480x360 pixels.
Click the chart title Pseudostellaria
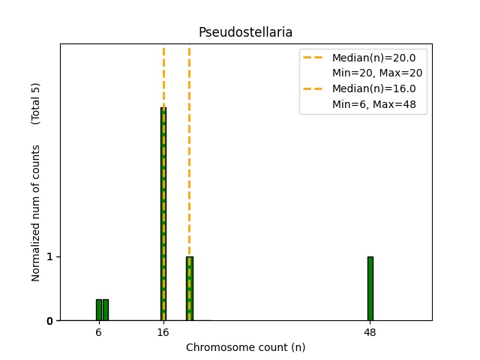[245, 32]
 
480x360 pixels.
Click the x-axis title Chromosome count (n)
[245, 347]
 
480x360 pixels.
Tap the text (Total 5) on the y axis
[35, 103]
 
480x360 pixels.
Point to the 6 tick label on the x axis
[98, 332]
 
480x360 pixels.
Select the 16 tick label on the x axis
[163, 332]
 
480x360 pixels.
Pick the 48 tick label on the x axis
[370, 332]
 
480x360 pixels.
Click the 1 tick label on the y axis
[49, 256]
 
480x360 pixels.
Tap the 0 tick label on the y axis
[49, 321]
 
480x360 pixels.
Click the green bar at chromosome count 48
[370, 289]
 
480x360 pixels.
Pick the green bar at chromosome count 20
[190, 289]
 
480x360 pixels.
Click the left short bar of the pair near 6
[98, 310]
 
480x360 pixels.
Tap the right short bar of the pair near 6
[106, 310]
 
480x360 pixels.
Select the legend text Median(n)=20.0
[373, 57]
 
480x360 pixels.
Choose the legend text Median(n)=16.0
[373, 88]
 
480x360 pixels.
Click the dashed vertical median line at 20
[189, 150]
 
